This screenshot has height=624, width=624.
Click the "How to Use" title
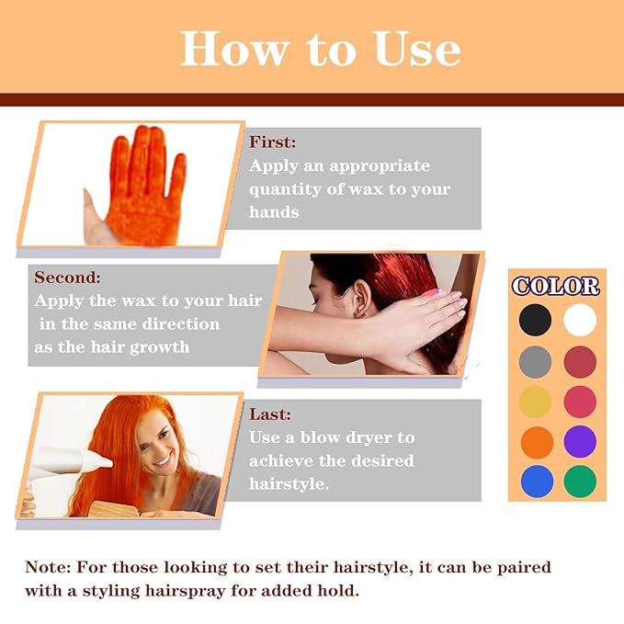point(320,47)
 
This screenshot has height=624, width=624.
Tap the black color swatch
point(535,320)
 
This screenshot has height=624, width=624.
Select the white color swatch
point(580,320)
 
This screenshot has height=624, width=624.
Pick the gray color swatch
point(535,361)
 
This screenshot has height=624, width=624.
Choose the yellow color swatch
point(535,402)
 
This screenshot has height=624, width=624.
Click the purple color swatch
point(580,442)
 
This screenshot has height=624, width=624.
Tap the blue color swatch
point(535,482)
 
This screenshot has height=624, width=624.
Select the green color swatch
point(580,482)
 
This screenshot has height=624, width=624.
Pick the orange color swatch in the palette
point(535,442)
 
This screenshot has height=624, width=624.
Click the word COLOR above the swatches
point(556,286)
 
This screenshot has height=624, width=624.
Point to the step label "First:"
point(273,143)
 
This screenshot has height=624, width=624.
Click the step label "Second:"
point(68,277)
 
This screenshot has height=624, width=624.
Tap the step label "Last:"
point(270,415)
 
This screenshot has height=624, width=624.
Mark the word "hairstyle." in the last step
point(289,483)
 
